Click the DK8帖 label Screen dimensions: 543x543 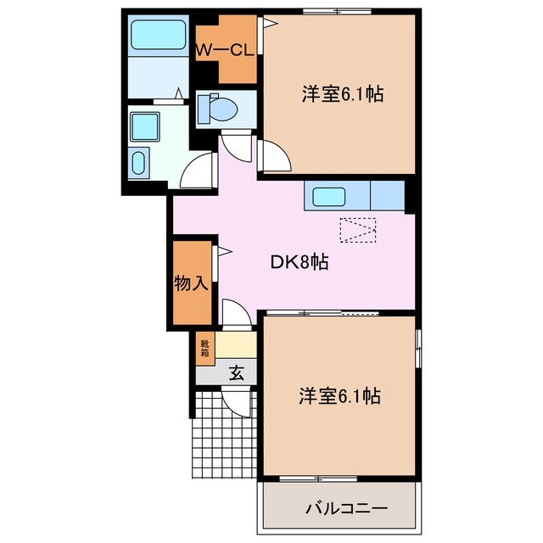point(299,262)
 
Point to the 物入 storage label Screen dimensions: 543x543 point(191,283)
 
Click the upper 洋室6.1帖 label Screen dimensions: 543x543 point(342,94)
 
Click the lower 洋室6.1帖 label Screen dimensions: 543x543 point(339,395)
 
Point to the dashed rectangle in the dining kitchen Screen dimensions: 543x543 point(357,230)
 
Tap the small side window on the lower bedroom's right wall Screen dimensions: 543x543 point(417,347)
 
